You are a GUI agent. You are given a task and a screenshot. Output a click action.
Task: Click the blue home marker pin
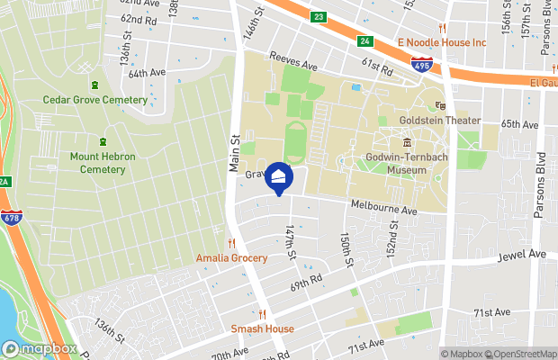click(279, 177)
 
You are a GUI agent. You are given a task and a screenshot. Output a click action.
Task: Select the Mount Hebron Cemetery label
click(103, 163)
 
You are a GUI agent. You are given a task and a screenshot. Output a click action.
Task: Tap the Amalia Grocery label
click(231, 258)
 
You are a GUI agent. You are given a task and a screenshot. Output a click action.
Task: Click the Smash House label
click(263, 328)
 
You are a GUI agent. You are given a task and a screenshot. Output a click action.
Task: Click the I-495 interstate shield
click(420, 65)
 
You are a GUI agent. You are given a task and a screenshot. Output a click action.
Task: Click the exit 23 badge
click(319, 16)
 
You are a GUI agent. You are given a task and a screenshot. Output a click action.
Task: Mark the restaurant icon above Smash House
click(263, 314)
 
